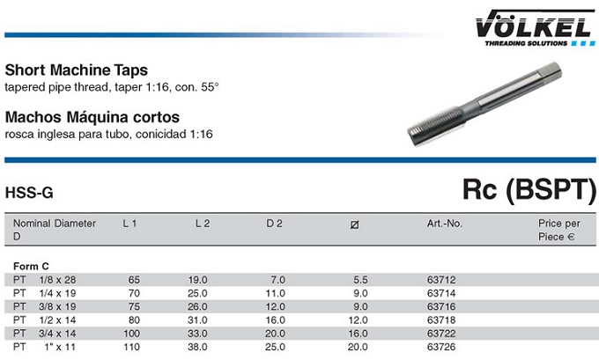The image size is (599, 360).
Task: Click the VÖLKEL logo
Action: [535, 28]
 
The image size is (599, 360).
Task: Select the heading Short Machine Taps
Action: [77, 70]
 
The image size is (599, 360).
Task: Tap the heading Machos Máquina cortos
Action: [92, 117]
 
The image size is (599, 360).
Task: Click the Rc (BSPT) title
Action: [529, 189]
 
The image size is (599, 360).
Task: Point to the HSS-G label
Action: [29, 193]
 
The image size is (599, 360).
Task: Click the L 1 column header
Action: [129, 224]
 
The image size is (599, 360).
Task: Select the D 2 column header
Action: [274, 224]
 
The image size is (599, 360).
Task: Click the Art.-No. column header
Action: [445, 224]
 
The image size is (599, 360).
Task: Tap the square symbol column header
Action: [354, 224]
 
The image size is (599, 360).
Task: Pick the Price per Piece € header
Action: [558, 230]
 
